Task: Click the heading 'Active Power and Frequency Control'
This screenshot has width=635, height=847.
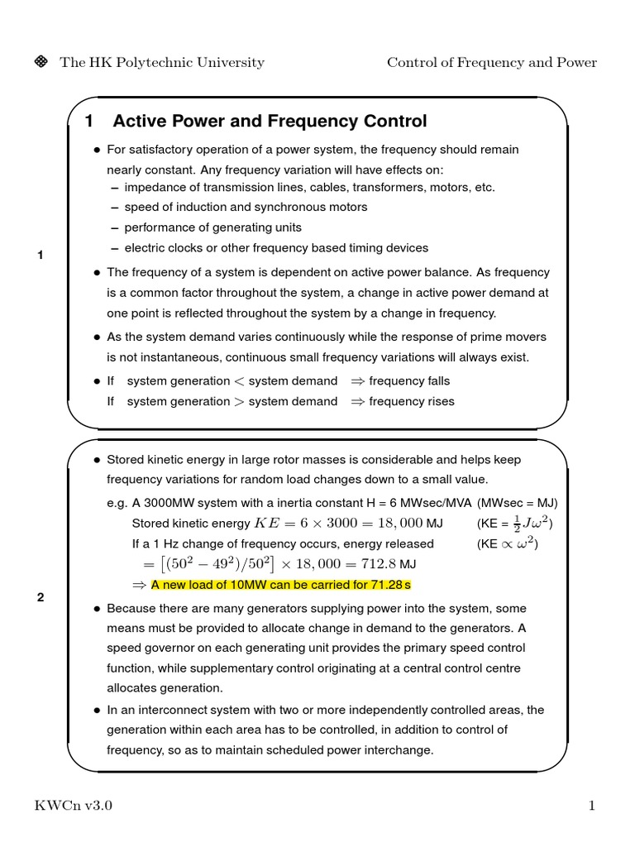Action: click(x=270, y=122)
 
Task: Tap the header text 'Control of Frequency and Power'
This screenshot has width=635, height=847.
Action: click(x=492, y=63)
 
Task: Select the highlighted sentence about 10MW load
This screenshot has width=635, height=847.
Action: click(x=280, y=585)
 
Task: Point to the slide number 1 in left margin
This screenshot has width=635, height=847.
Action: click(x=40, y=256)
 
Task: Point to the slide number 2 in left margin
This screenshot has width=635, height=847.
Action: click(x=40, y=597)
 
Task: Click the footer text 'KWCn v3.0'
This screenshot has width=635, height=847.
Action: click(x=72, y=806)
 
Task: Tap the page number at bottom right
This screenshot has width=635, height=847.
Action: click(x=592, y=806)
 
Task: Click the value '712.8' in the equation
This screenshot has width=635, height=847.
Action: click(x=380, y=564)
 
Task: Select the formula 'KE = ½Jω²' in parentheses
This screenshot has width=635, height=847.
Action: click(x=514, y=523)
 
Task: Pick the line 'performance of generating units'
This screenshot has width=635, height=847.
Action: click(x=213, y=227)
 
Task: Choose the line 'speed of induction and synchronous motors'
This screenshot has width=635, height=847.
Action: click(x=246, y=207)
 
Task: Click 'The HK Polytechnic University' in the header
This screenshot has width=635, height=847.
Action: click(x=162, y=63)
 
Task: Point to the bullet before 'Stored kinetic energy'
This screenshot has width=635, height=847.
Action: click(x=96, y=460)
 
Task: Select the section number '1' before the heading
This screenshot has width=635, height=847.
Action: click(x=89, y=122)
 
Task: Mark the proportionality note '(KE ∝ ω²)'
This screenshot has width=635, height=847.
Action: click(x=513, y=543)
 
